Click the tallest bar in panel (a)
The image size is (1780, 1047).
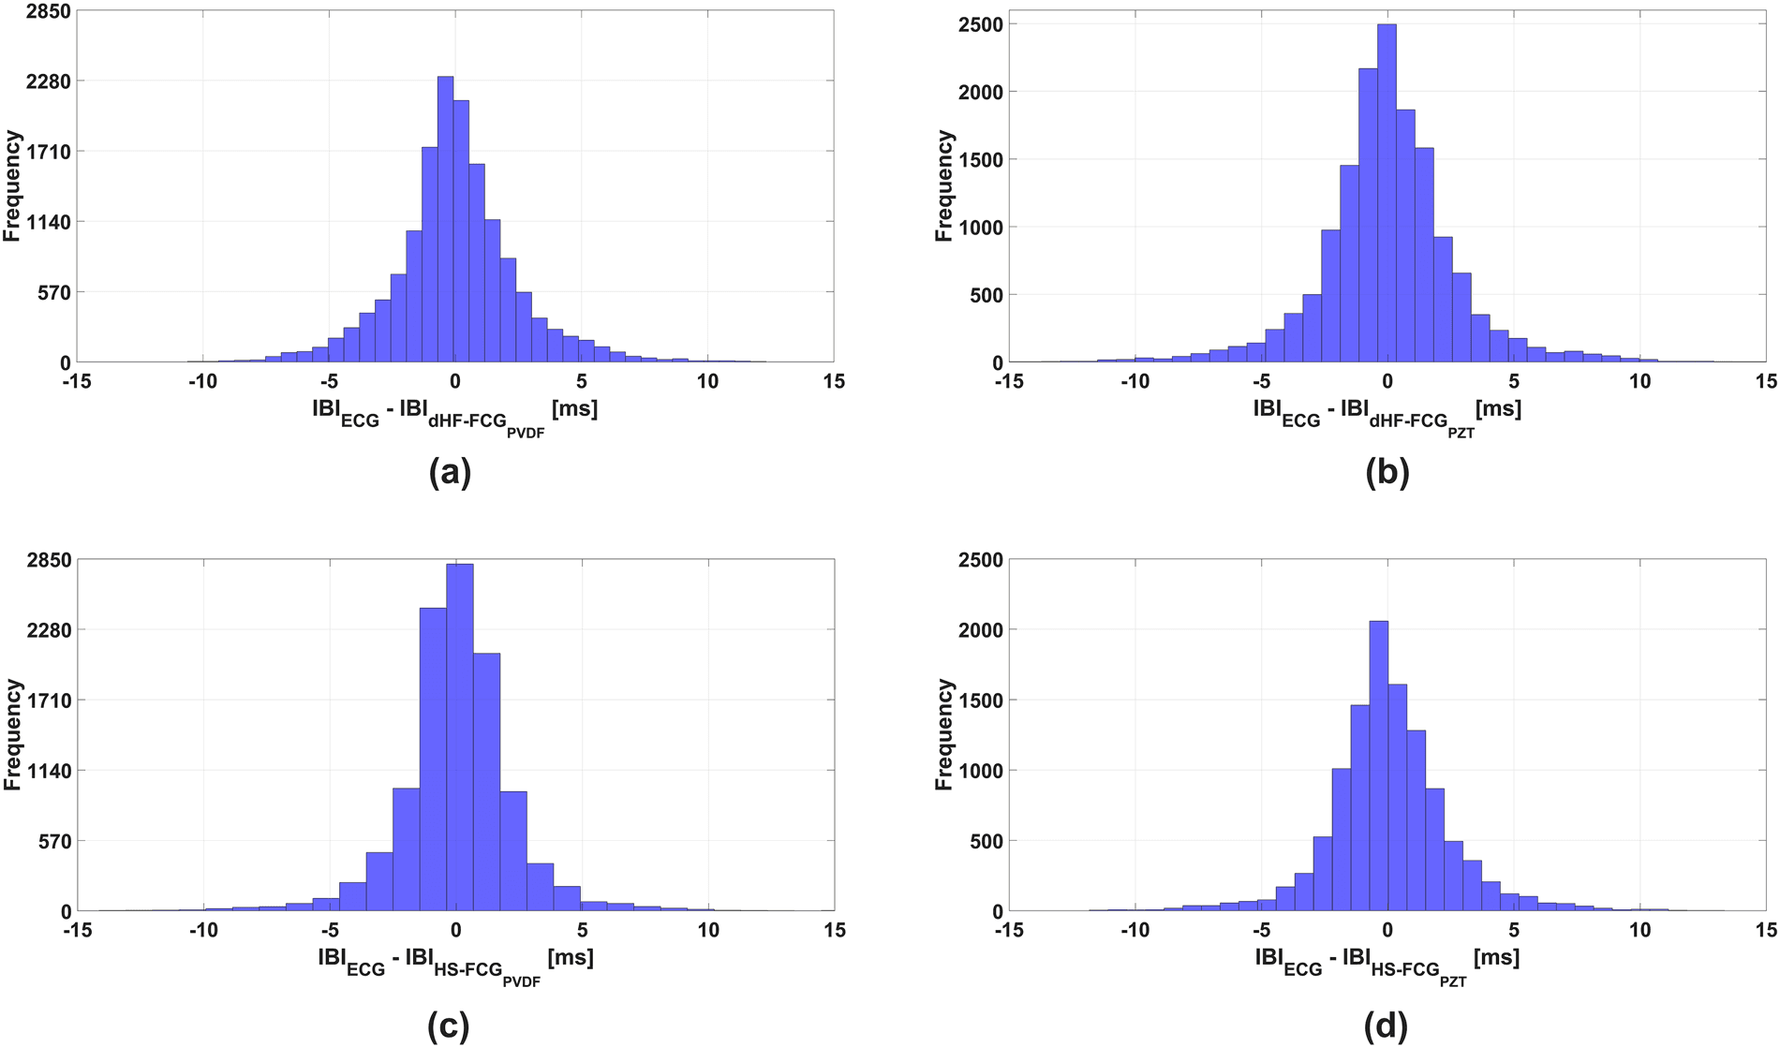pyautogui.click(x=446, y=220)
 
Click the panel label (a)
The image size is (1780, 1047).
pyautogui.click(x=449, y=472)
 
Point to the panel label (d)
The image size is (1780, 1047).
pyautogui.click(x=1387, y=1025)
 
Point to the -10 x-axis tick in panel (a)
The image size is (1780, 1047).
pyautogui.click(x=202, y=381)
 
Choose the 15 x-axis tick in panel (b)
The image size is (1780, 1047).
pyautogui.click(x=1766, y=381)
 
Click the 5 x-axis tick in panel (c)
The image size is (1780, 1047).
pyautogui.click(x=582, y=930)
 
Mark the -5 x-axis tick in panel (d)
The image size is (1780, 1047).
pyautogui.click(x=1261, y=930)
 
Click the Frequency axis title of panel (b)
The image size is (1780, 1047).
pyautogui.click(x=943, y=186)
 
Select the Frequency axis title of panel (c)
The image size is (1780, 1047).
pyautogui.click(x=12, y=735)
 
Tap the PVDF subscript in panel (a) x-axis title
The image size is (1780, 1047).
pyautogui.click(x=526, y=434)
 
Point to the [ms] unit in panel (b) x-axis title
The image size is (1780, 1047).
pyautogui.click(x=1498, y=409)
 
